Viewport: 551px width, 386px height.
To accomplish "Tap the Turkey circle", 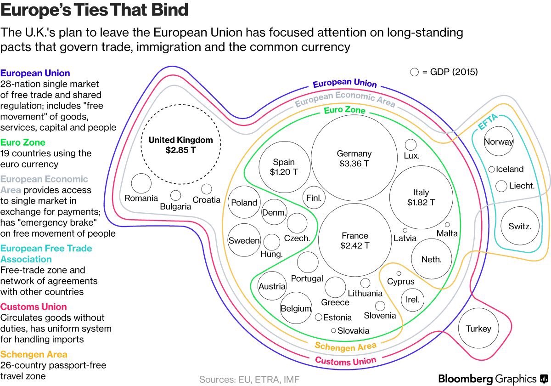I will pos(478,329).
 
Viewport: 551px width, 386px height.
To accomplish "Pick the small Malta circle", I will pos(447,225).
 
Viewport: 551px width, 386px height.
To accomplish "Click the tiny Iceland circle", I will pos(491,169).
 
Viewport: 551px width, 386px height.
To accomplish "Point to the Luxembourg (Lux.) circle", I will pos(410,145).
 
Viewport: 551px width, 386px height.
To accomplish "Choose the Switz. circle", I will pos(520,226).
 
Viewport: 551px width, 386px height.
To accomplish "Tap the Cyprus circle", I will pos(399,273).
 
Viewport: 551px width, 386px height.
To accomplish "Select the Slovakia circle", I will pos(333,330).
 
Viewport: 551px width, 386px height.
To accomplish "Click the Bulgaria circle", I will pos(175,195).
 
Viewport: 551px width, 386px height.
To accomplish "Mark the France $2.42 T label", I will pos(354,241).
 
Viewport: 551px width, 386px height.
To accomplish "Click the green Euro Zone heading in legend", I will pos(23,142).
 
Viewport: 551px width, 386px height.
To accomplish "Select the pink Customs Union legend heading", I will pos(34,307).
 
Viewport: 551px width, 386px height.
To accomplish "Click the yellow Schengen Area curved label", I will pos(345,346).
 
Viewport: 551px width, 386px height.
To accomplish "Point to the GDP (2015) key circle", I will pos(414,72).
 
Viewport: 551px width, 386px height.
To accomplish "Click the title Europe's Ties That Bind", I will pos(95,10).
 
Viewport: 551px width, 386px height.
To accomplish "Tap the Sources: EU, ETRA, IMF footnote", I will pos(249,379).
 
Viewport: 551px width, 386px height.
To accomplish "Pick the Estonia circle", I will pos(318,317).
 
